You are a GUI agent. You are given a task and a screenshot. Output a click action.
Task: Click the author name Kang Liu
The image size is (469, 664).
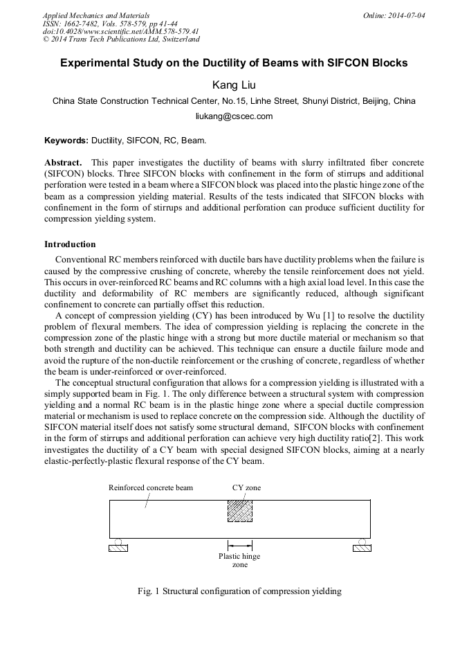tap(234, 84)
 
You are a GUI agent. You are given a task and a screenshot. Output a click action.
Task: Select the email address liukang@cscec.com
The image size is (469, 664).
tap(234, 116)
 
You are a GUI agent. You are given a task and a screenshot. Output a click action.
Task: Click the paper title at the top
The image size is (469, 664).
tap(234, 63)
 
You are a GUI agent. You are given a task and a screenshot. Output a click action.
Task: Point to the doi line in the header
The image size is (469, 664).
tap(121, 31)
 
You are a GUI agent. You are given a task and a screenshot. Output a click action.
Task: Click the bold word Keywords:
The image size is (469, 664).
tap(66, 141)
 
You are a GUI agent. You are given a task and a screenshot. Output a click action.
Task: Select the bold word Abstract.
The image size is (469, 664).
tap(63, 162)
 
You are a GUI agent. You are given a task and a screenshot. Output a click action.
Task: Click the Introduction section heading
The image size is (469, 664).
tap(70, 244)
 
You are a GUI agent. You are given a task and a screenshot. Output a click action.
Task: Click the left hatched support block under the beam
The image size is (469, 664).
tap(118, 549)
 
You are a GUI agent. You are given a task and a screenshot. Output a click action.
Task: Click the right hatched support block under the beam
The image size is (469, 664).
tap(362, 549)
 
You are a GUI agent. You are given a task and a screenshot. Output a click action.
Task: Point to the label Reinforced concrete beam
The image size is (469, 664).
tap(151, 487)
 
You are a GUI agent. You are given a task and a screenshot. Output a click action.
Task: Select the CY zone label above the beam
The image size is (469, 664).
tap(246, 487)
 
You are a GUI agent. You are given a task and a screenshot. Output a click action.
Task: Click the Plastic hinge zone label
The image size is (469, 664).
tap(239, 560)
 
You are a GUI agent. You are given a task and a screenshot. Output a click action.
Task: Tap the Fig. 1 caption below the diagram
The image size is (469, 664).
tap(239, 591)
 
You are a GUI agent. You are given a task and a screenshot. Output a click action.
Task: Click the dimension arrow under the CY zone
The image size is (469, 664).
tap(239, 545)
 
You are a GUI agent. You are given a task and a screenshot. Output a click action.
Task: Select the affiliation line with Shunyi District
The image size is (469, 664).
tap(234, 101)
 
